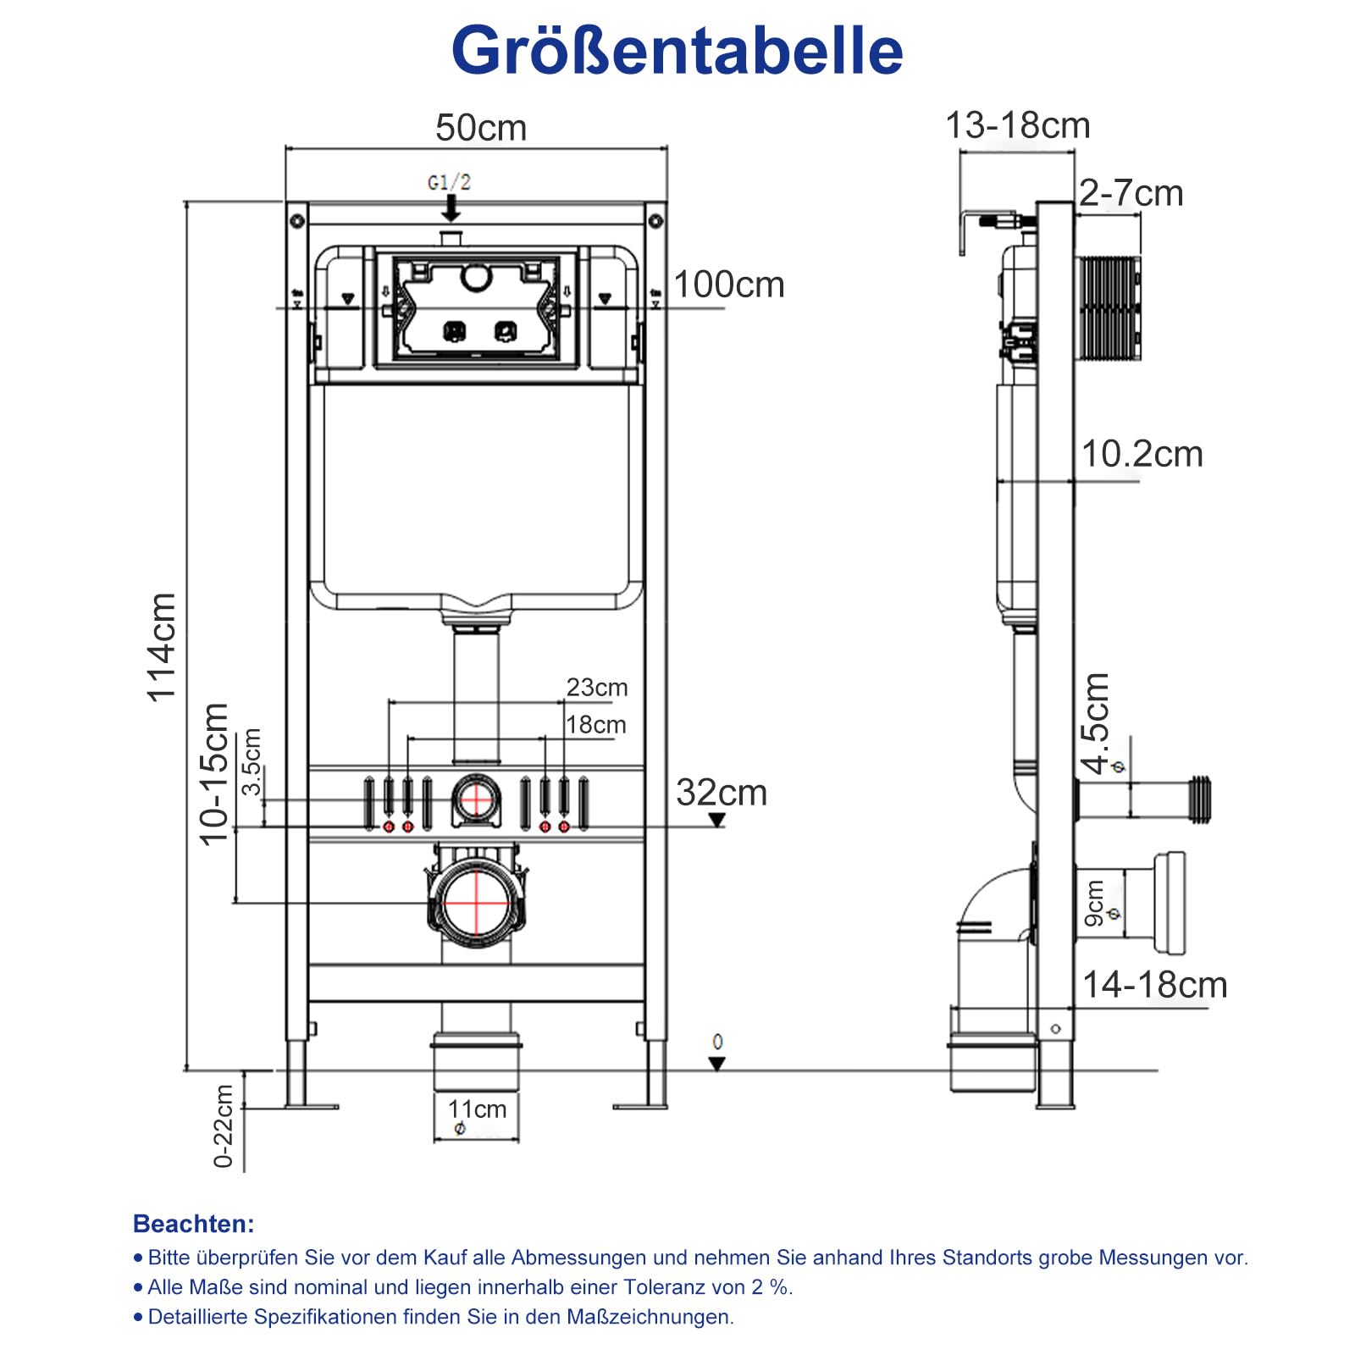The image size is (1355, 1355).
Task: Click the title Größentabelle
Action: [677, 51]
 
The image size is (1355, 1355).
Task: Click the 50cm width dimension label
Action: [480, 128]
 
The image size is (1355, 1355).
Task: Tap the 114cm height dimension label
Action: [162, 648]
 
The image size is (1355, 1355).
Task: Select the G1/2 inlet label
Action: [449, 182]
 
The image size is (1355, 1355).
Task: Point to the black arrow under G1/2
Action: [451, 208]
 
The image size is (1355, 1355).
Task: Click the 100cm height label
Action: [728, 285]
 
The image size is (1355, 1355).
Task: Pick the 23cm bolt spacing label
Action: [597, 687]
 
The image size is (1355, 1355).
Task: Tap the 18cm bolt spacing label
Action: [596, 725]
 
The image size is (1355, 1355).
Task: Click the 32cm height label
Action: [722, 793]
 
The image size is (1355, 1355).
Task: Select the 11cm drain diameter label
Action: [477, 1109]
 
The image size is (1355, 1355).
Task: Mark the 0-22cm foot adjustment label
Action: [223, 1126]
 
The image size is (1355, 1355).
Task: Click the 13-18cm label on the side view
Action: [1017, 125]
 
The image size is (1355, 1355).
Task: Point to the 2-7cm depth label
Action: [1131, 194]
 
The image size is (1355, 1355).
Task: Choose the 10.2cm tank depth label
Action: [1142, 454]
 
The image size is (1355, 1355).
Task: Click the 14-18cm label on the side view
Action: [1154, 985]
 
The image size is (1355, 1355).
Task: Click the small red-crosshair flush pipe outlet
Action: [476, 799]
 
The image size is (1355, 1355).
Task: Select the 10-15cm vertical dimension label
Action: [214, 773]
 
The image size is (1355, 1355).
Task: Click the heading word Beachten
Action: [193, 1224]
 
